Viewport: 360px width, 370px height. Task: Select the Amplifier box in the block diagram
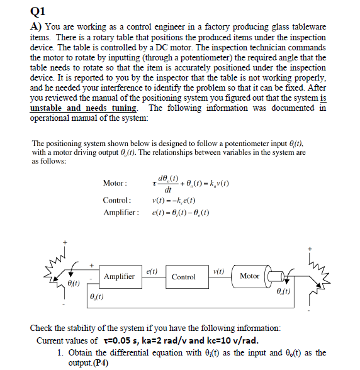(x=119, y=276)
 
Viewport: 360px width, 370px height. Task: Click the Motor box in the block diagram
(x=250, y=276)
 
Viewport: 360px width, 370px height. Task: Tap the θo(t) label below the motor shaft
(x=285, y=291)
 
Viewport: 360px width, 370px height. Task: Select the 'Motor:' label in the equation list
(x=115, y=183)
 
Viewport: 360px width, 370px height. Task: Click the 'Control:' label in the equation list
(x=117, y=200)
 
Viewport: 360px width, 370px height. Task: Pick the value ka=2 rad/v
(x=167, y=340)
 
